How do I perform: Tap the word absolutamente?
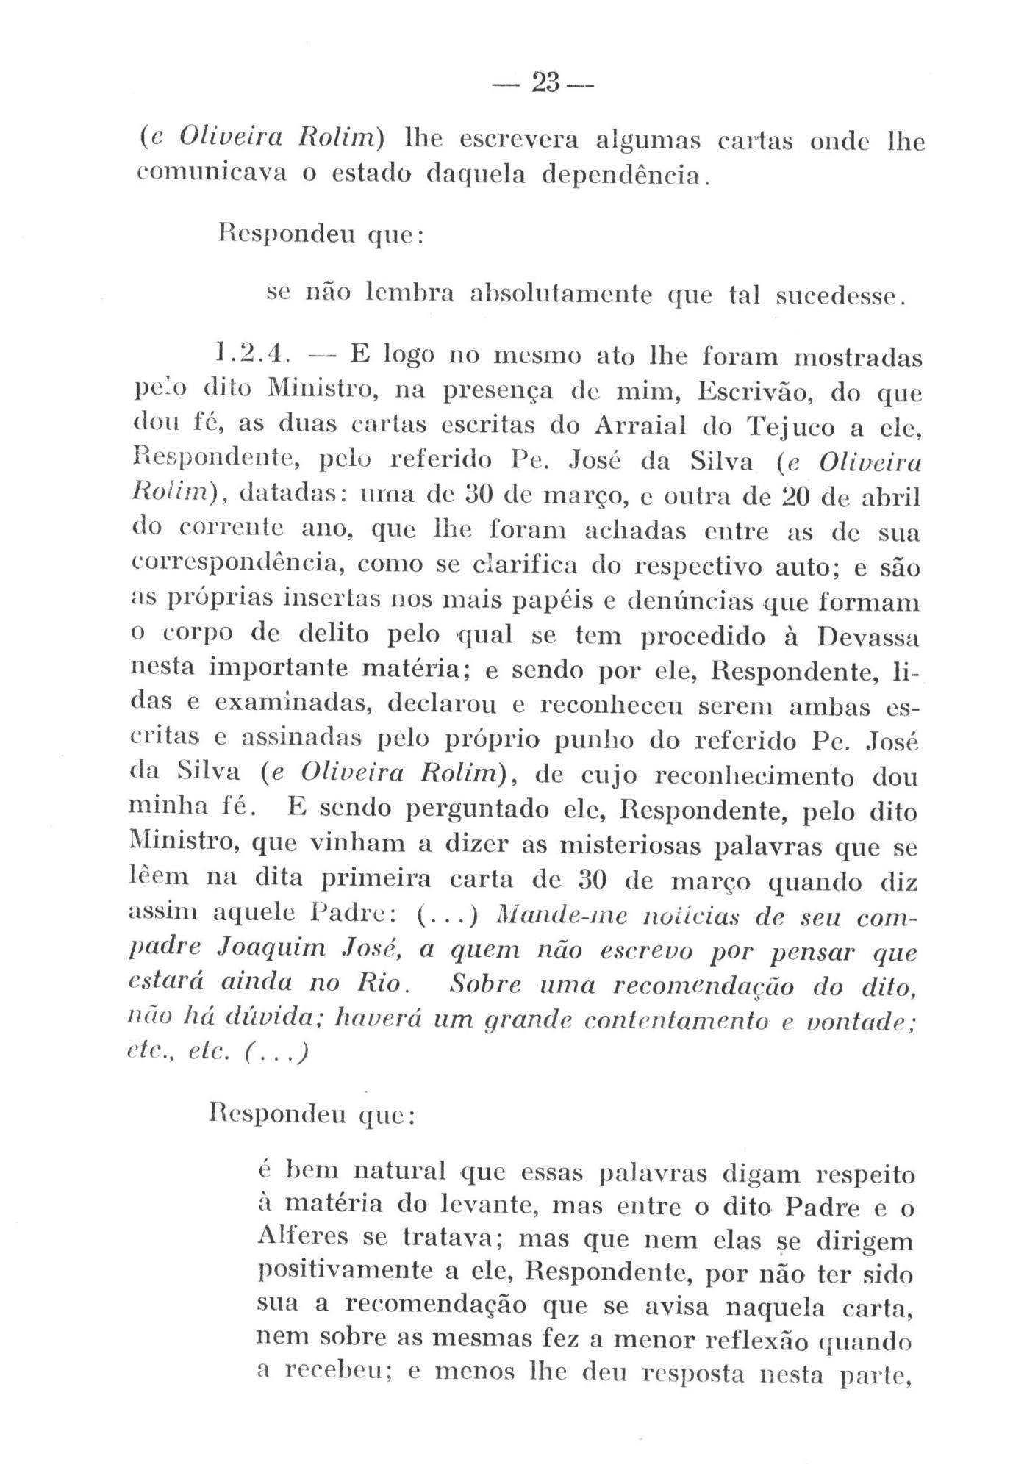[562, 295]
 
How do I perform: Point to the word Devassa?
[867, 636]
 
